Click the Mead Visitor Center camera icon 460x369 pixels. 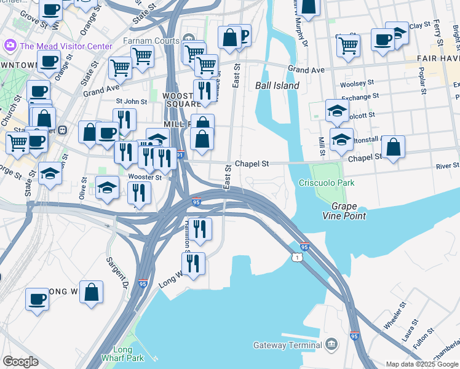[9, 46]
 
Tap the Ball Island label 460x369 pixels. [277, 85]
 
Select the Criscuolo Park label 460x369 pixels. [326, 183]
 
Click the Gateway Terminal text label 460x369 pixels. [288, 345]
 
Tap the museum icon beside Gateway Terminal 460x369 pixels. [332, 344]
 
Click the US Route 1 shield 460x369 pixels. [298, 256]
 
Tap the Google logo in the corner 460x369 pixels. [20, 361]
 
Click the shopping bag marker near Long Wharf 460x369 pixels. [92, 293]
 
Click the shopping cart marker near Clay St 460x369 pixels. [348, 45]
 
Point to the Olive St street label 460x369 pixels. [83, 187]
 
